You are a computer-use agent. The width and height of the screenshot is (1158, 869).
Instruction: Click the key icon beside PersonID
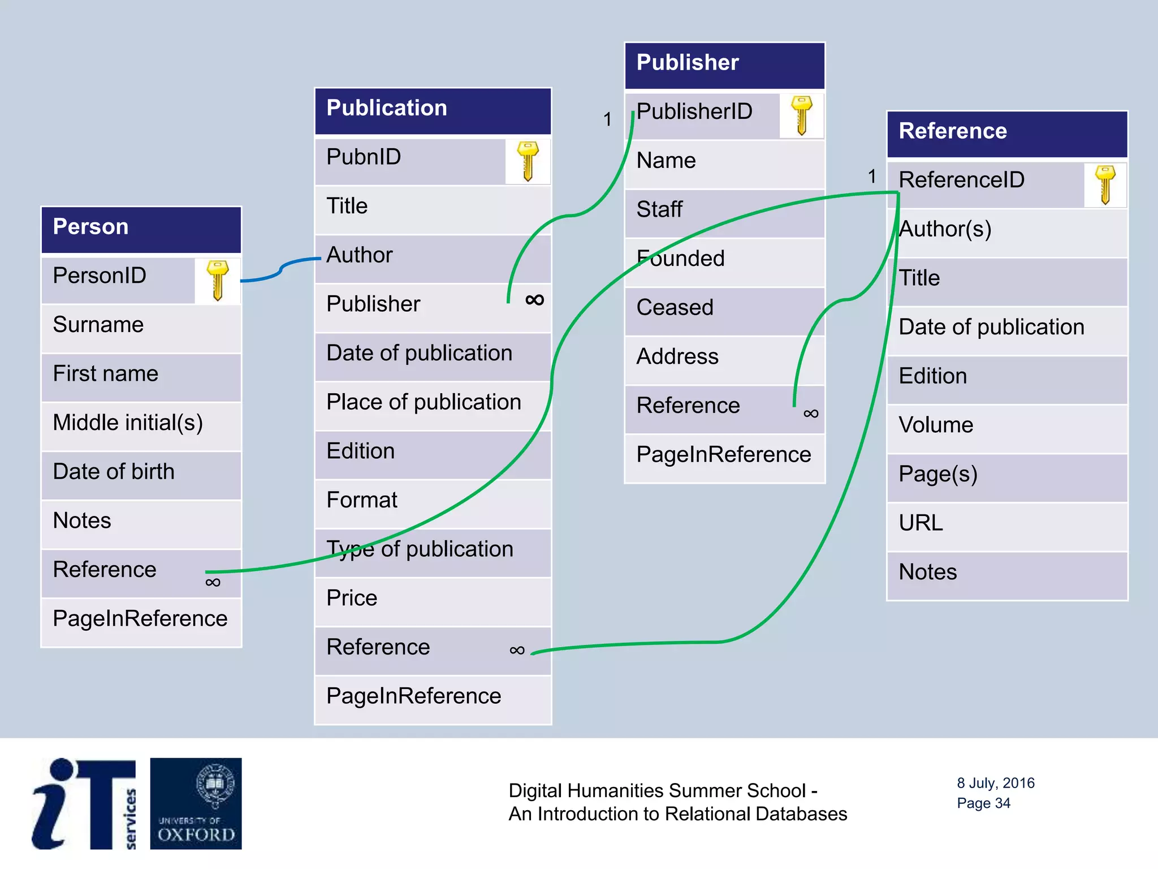217,280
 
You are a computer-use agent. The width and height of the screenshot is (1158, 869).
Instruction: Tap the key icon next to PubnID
528,161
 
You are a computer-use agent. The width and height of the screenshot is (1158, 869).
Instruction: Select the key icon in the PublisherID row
801,115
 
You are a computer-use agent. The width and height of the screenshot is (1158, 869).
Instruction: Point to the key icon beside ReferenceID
1105,184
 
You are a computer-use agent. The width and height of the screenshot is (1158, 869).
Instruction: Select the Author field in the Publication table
433,256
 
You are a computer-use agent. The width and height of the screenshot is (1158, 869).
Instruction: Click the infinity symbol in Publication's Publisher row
534,300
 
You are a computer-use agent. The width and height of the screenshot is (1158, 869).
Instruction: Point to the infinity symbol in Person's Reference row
213,583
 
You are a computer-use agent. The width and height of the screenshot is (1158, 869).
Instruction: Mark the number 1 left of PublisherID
607,119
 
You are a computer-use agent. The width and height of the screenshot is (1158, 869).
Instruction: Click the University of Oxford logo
196,803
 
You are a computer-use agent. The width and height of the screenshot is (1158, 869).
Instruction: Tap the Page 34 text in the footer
983,803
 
